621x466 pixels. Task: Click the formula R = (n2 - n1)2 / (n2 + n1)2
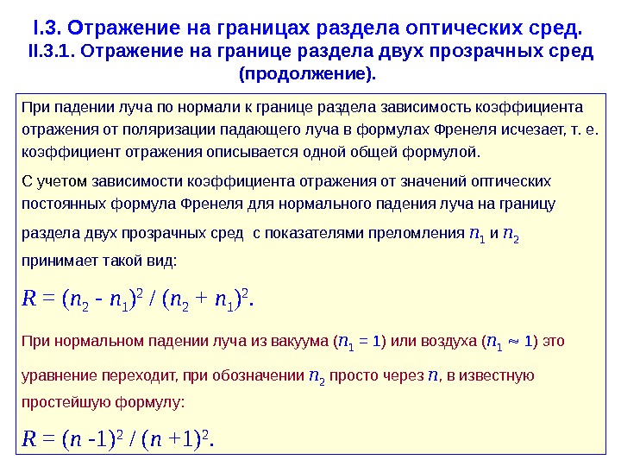(139, 299)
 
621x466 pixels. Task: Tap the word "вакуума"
(295, 340)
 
